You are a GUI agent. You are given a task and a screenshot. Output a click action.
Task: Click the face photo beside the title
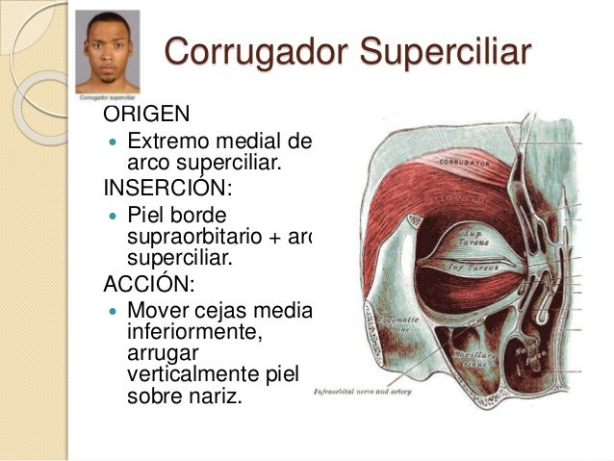pyautogui.click(x=107, y=51)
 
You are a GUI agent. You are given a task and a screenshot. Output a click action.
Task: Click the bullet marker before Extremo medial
pyautogui.click(x=109, y=143)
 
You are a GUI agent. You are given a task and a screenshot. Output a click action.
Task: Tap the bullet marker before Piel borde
pyautogui.click(x=109, y=211)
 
